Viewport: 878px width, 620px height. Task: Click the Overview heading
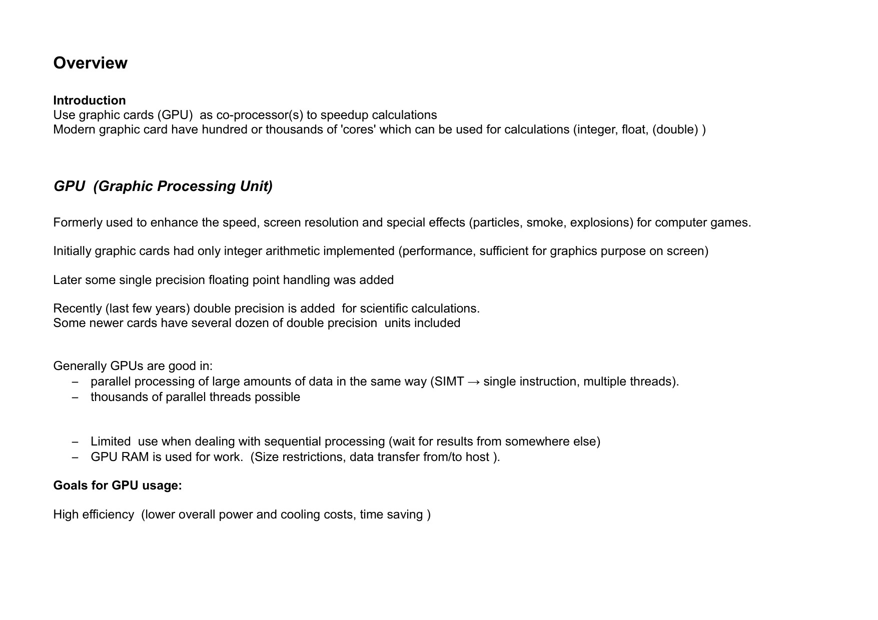coord(90,63)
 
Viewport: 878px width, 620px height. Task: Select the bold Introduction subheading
coord(90,100)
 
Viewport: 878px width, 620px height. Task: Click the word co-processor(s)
coord(260,115)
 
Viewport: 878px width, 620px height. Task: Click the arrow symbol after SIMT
coord(474,382)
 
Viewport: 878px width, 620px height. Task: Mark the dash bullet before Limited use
coord(76,442)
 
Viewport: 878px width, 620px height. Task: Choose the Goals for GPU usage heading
coord(118,485)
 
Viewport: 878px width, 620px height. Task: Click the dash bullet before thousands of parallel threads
coord(76,397)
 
